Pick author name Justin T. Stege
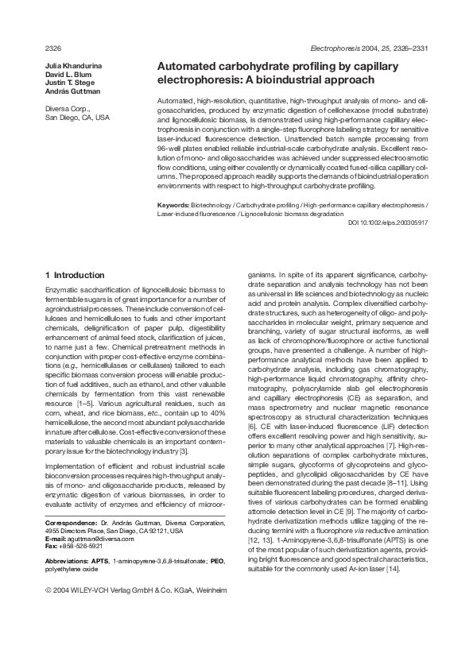pyautogui.click(x=69, y=83)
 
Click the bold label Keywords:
pyautogui.click(x=176, y=205)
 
